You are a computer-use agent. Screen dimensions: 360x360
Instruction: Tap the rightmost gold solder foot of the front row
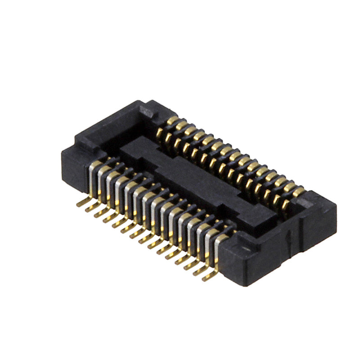click(208, 276)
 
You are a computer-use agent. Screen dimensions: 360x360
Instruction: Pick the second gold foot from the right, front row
click(199, 270)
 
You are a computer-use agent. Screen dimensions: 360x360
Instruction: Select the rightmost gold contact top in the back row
click(298, 191)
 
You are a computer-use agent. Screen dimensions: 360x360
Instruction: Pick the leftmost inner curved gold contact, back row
click(160, 133)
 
